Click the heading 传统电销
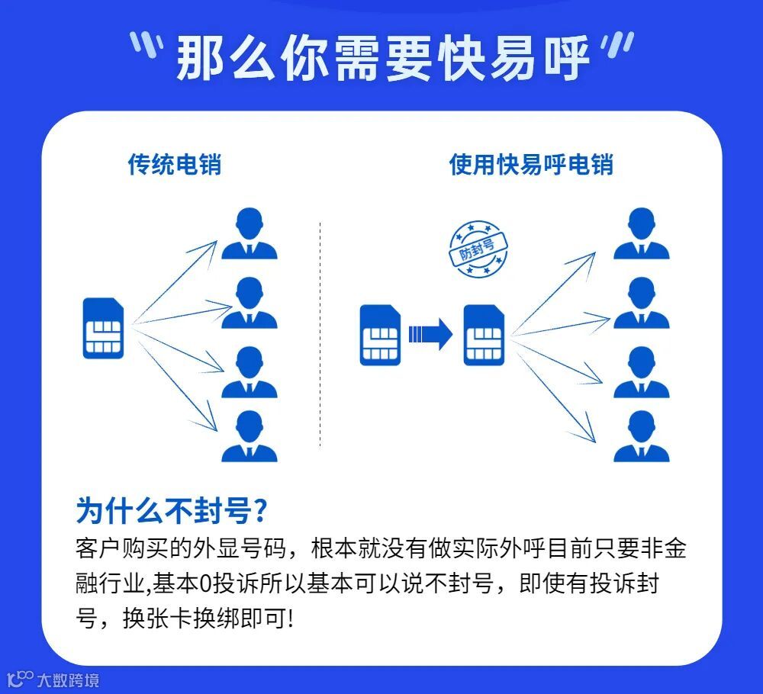[x=174, y=164]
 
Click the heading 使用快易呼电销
[x=531, y=164]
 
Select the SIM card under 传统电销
[x=103, y=328]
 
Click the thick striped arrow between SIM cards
[x=430, y=334]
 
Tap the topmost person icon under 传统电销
[x=250, y=233]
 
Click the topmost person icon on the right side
[x=641, y=233]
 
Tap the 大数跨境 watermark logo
[x=53, y=679]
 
